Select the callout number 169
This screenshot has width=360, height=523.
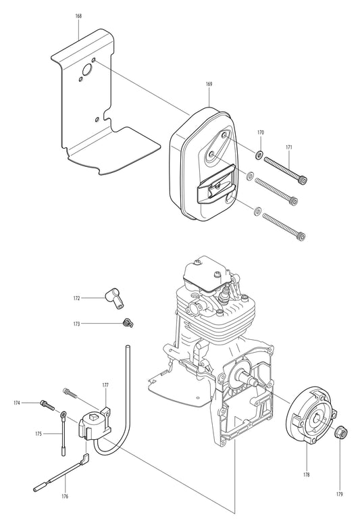coord(209,84)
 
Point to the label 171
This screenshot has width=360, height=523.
coord(289,147)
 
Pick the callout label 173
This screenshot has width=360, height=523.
coord(76,324)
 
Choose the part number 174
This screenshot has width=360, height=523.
coord(17,403)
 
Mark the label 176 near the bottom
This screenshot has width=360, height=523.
coord(65,497)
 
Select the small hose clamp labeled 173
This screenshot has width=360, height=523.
coord(126,324)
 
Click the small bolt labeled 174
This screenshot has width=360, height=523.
coord(46,404)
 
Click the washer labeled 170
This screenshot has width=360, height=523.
coord(260,155)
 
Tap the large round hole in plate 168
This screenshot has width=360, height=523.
coord(86,70)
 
